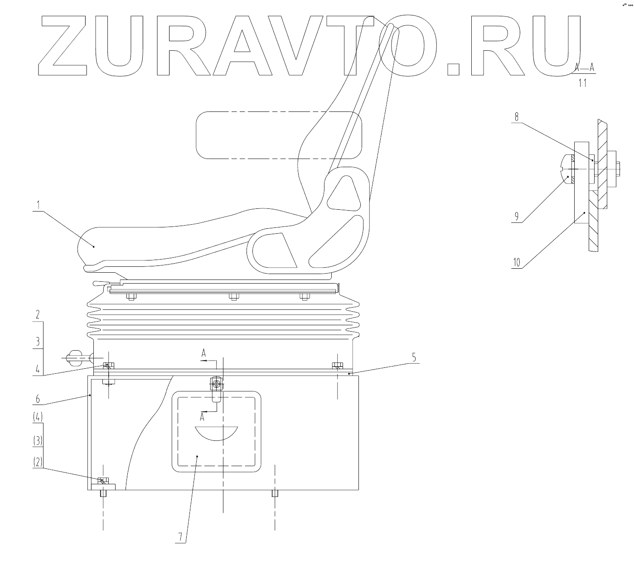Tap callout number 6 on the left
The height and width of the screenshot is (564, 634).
38,399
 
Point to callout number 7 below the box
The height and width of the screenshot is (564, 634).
180,537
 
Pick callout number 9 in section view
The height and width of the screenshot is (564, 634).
516,217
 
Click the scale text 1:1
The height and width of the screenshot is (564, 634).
582,84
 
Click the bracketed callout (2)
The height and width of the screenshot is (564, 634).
38,462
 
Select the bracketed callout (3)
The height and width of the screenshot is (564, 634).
38,440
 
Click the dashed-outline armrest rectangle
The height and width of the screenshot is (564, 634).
278,135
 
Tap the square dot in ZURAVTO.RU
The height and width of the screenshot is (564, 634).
453,68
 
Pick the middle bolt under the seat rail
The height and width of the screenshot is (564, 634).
233,297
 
